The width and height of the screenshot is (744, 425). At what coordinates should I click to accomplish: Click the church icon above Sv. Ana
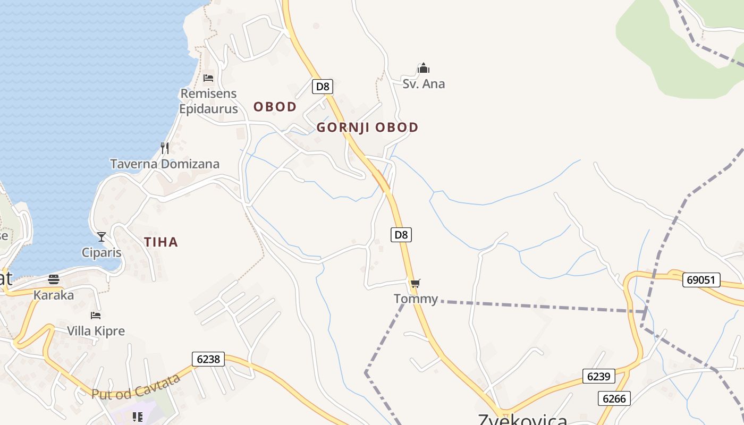(424, 68)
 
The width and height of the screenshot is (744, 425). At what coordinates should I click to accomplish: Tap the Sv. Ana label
(424, 84)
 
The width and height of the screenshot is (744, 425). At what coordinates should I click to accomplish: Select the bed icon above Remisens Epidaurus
(208, 78)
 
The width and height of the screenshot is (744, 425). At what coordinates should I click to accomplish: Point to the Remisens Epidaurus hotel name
(208, 101)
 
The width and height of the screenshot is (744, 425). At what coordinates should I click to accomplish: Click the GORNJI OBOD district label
(367, 127)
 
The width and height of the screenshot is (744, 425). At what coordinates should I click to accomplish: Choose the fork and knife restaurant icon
(165, 148)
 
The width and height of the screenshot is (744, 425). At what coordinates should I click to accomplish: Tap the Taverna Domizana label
(165, 164)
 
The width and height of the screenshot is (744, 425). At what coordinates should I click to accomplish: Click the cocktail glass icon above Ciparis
(102, 236)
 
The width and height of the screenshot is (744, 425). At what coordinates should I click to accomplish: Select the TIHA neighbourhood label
(161, 242)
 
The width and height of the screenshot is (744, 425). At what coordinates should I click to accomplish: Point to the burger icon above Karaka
(54, 279)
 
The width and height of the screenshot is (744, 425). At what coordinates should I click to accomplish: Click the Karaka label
(54, 295)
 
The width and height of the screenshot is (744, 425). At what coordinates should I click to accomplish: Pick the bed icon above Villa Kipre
(96, 315)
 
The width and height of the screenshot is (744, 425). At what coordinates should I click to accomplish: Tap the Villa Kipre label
(96, 331)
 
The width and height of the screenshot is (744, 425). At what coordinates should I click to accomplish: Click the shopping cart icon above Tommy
(415, 283)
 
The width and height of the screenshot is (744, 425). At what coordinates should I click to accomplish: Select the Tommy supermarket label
(416, 299)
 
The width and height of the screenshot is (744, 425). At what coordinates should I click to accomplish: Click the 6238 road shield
(208, 359)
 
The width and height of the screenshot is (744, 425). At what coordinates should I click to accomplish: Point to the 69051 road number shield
(701, 279)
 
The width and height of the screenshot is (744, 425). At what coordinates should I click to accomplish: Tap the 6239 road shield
(598, 376)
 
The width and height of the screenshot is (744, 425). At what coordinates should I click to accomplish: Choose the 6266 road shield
(614, 398)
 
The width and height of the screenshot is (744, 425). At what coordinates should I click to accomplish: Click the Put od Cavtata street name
(137, 386)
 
